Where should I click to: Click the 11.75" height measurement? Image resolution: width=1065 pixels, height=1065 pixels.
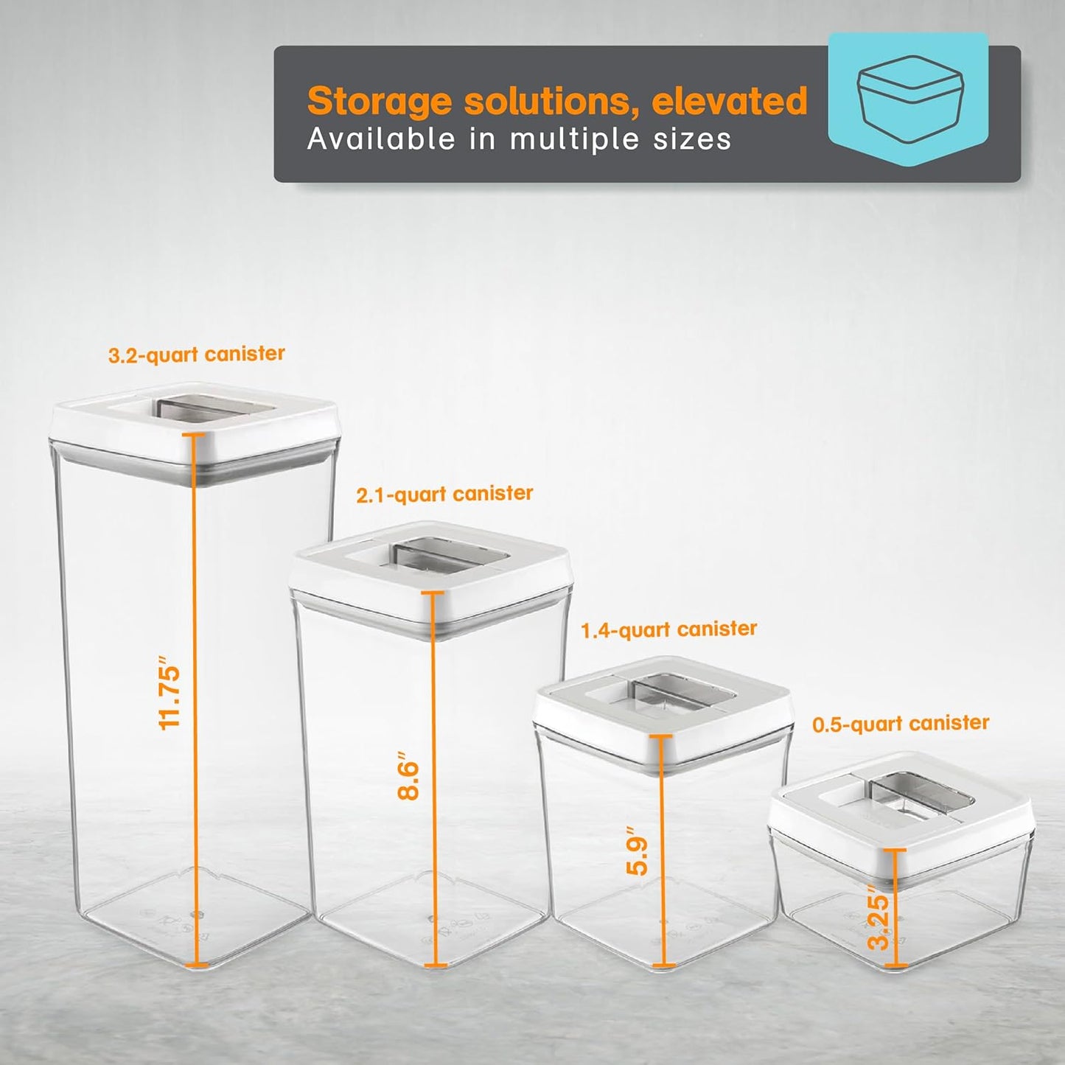[x=170, y=693]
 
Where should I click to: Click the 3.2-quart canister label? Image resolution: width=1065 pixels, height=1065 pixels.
[x=196, y=355]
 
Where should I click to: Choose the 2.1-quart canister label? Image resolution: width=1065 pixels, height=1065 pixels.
[x=444, y=494]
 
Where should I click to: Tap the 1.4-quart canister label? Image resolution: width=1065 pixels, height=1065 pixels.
[x=668, y=629]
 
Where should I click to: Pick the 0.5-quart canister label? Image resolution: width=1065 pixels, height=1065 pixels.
[x=901, y=724]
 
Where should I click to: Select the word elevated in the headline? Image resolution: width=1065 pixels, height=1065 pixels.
[x=730, y=100]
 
